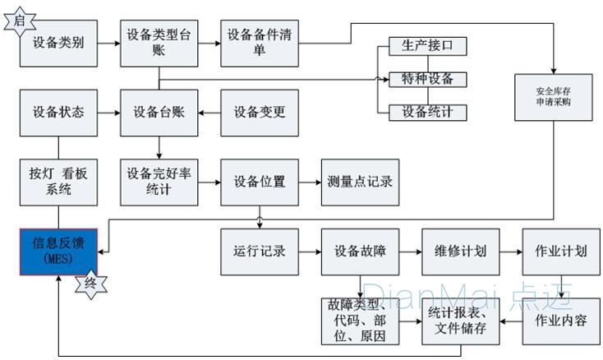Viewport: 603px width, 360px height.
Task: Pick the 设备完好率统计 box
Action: point(159,182)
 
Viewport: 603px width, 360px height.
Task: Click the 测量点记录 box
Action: point(360,182)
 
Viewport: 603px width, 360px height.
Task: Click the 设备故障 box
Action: point(360,251)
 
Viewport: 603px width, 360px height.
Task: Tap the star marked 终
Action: point(91,284)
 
